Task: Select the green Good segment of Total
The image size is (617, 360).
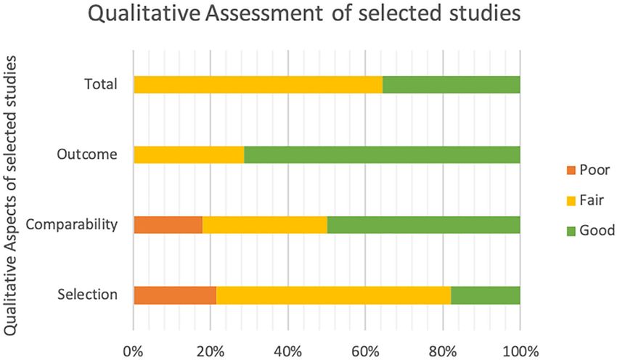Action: pos(451,84)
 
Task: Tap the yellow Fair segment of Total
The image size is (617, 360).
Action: pos(258,84)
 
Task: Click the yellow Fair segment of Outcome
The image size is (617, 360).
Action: pos(189,155)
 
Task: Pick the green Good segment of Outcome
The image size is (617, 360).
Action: pos(382,155)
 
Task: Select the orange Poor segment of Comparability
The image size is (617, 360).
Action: pos(168,224)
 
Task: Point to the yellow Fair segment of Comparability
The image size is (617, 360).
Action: pos(264,224)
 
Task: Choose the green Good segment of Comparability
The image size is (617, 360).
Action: pos(423,224)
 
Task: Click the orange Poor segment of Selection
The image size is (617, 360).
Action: pos(175,295)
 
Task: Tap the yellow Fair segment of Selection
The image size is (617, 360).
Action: pos(333,295)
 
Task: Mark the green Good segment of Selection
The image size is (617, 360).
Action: pos(485,295)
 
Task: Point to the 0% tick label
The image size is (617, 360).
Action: pos(134,341)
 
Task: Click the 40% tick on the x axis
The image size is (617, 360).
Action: pos(288,341)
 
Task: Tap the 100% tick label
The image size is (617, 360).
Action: pos(520,341)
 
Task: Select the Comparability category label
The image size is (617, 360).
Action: pos(71,224)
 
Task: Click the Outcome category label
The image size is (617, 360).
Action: pos(87,155)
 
